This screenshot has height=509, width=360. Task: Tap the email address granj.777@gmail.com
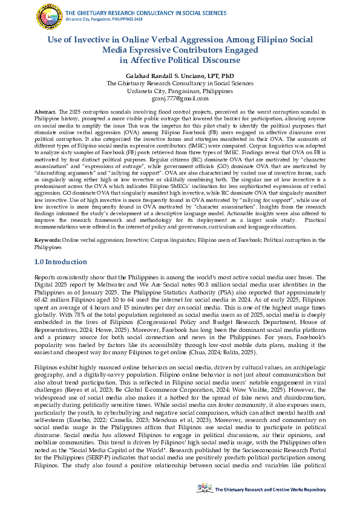click(x=180, y=98)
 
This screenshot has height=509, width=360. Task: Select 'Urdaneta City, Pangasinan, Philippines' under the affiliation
click(x=180, y=90)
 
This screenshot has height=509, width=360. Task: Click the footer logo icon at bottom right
click(x=205, y=487)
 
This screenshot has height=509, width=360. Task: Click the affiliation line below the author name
click(x=180, y=82)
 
